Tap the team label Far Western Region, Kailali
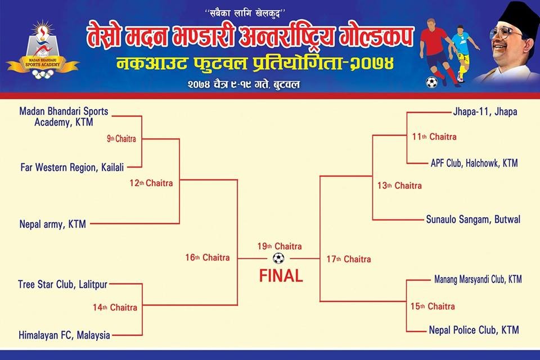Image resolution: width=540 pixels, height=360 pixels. point(72,168)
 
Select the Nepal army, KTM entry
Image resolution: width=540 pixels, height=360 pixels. point(52,224)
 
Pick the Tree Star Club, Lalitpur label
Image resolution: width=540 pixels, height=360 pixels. point(62,285)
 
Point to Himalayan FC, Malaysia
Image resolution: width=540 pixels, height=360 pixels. point(64,335)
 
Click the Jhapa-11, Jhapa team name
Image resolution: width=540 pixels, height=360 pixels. point(485,111)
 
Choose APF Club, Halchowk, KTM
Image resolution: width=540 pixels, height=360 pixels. point(474,163)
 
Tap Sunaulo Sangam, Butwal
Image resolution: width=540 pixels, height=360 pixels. point(473,219)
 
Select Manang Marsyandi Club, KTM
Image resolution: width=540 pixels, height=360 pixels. point(478,279)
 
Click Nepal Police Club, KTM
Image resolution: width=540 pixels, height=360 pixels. point(474,330)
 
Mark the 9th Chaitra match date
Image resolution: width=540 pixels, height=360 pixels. point(121,139)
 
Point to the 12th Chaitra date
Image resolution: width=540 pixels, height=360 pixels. point(151,183)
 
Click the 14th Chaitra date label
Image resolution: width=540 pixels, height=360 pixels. point(115,307)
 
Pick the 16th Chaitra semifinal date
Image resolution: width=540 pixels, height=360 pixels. point(208,257)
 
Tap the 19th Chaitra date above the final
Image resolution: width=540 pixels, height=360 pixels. point(280,246)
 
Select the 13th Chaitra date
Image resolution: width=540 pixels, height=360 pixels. point(399,186)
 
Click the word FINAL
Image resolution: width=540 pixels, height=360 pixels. point(281,276)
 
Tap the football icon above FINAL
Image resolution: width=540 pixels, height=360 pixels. point(278,258)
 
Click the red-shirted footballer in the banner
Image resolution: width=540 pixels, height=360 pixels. point(435,52)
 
